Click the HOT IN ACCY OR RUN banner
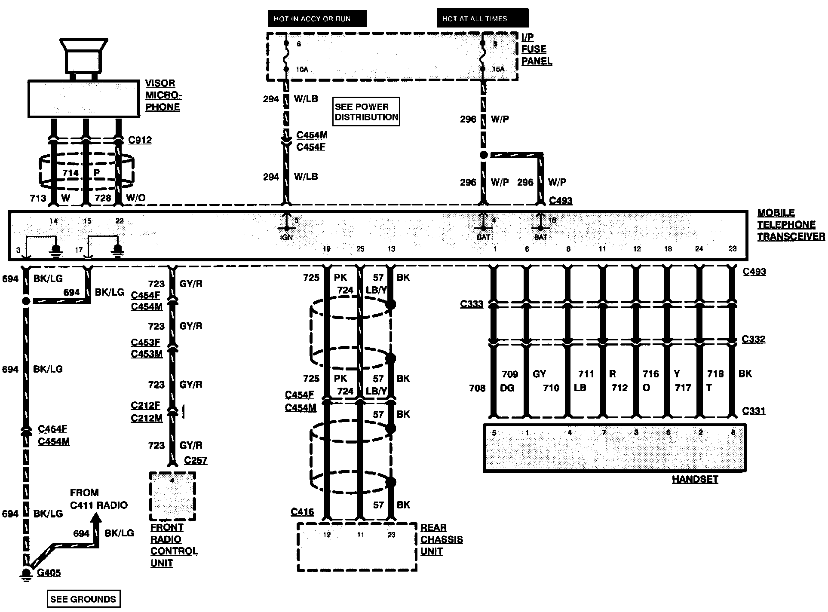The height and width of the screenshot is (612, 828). point(317,18)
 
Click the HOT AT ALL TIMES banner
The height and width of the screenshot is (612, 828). point(482,18)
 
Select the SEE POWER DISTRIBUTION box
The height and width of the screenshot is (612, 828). point(366,112)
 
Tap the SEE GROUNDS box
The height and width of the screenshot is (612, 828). point(83,599)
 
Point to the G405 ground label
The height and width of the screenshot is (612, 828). point(49,573)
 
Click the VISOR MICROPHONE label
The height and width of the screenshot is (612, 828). point(163,95)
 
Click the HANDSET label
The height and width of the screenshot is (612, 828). point(695,479)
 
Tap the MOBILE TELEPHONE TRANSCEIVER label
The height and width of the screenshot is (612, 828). point(790,224)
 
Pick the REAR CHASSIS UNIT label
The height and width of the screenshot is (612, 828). point(441,539)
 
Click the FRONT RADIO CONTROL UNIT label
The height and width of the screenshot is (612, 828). point(174,545)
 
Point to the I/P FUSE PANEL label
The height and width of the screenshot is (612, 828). point(536,49)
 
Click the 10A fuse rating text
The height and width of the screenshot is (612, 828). point(302,69)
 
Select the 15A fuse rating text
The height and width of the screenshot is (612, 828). point(498,69)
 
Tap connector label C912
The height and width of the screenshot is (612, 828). point(140,140)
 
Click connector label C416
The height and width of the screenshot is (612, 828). point(302,512)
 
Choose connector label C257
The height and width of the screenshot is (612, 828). point(196,460)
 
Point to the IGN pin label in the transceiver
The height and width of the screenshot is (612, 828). point(287,237)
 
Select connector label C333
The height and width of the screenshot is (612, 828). point(472,304)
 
